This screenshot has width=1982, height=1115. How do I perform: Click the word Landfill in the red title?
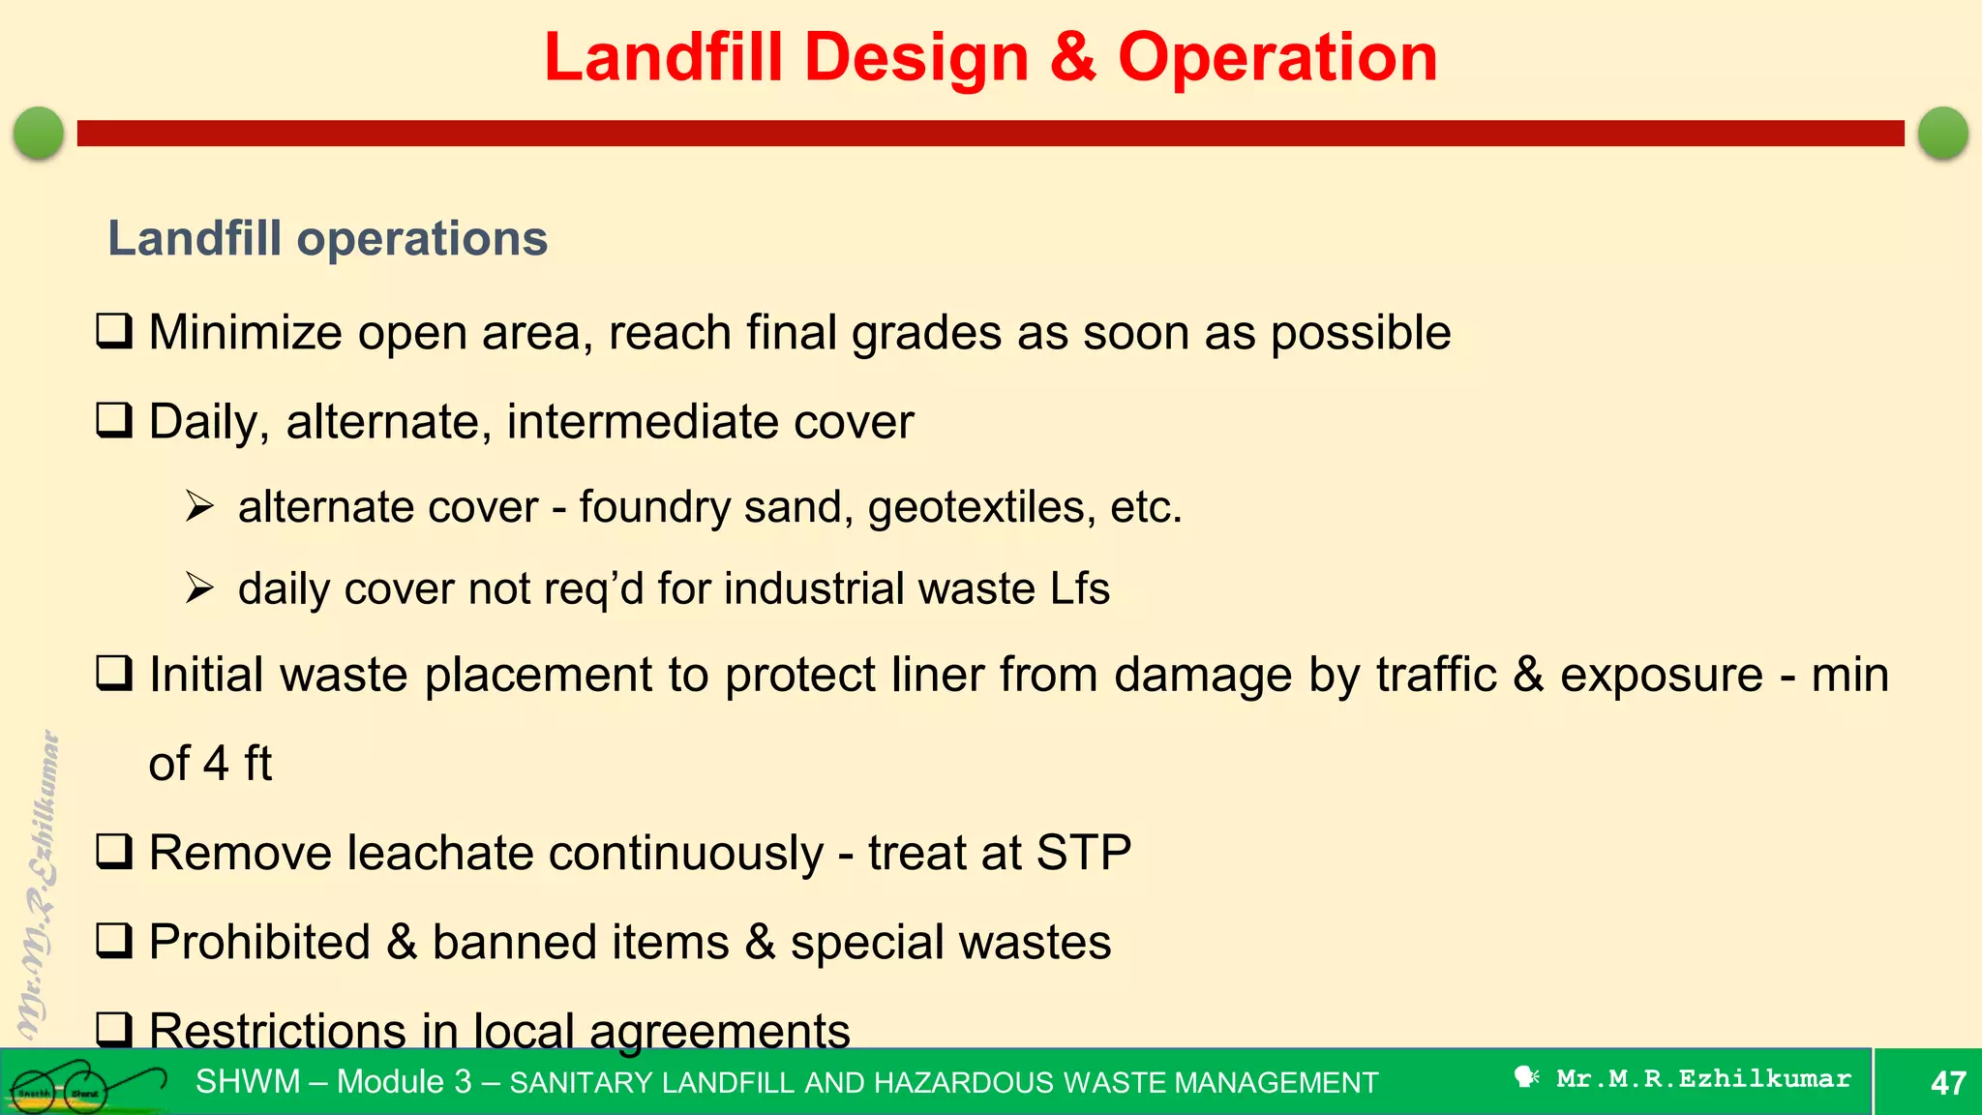[x=663, y=58]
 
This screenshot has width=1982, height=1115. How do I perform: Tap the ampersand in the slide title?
[x=1072, y=58]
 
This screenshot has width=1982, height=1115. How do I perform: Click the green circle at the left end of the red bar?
[x=39, y=133]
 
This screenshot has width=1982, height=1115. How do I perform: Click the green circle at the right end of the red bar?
[x=1942, y=133]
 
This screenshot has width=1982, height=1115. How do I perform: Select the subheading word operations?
[x=422, y=239]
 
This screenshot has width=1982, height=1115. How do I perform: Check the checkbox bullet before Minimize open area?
[x=114, y=331]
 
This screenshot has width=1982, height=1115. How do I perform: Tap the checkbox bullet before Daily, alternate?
[x=114, y=420]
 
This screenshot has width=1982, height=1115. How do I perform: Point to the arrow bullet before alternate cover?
[x=199, y=506]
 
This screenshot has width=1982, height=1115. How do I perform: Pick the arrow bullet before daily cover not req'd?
[x=199, y=588]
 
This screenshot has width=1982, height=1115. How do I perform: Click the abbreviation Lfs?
[x=1079, y=588]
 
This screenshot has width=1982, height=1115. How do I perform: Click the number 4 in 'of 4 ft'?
[x=215, y=764]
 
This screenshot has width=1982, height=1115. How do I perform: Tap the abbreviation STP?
[x=1083, y=853]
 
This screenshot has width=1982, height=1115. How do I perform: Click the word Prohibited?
[x=259, y=943]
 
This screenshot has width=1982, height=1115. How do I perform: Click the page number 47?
[x=1947, y=1082]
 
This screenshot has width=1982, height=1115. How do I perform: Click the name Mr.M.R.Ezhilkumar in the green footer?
[x=1702, y=1078]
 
